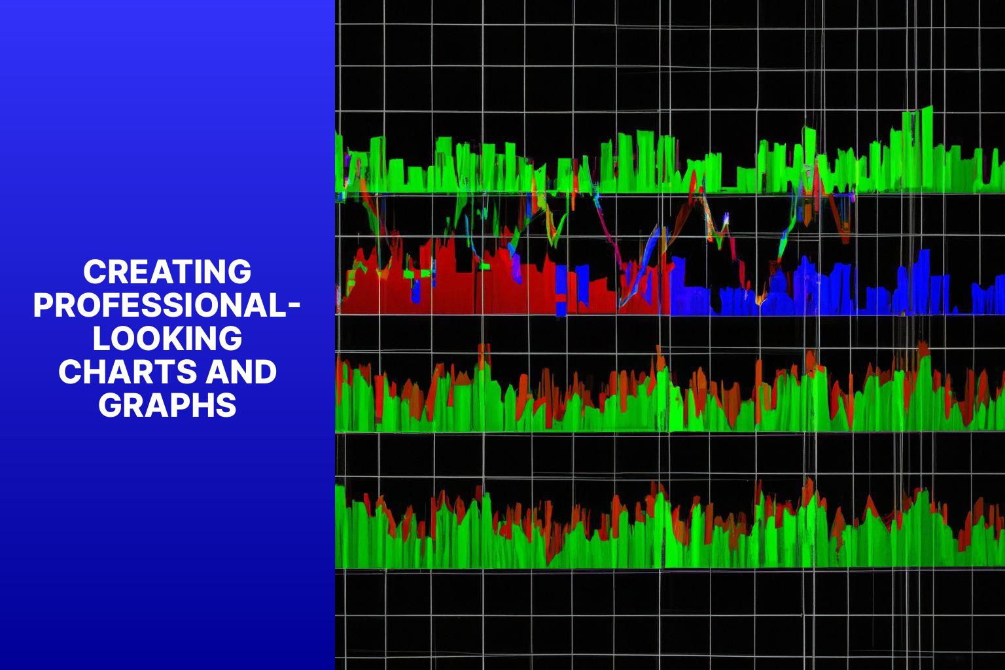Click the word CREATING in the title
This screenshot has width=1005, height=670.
167,272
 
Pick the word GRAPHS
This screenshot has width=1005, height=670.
167,405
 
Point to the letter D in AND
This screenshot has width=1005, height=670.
265,372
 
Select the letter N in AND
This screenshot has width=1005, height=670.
241,372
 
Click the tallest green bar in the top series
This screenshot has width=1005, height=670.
925,148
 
